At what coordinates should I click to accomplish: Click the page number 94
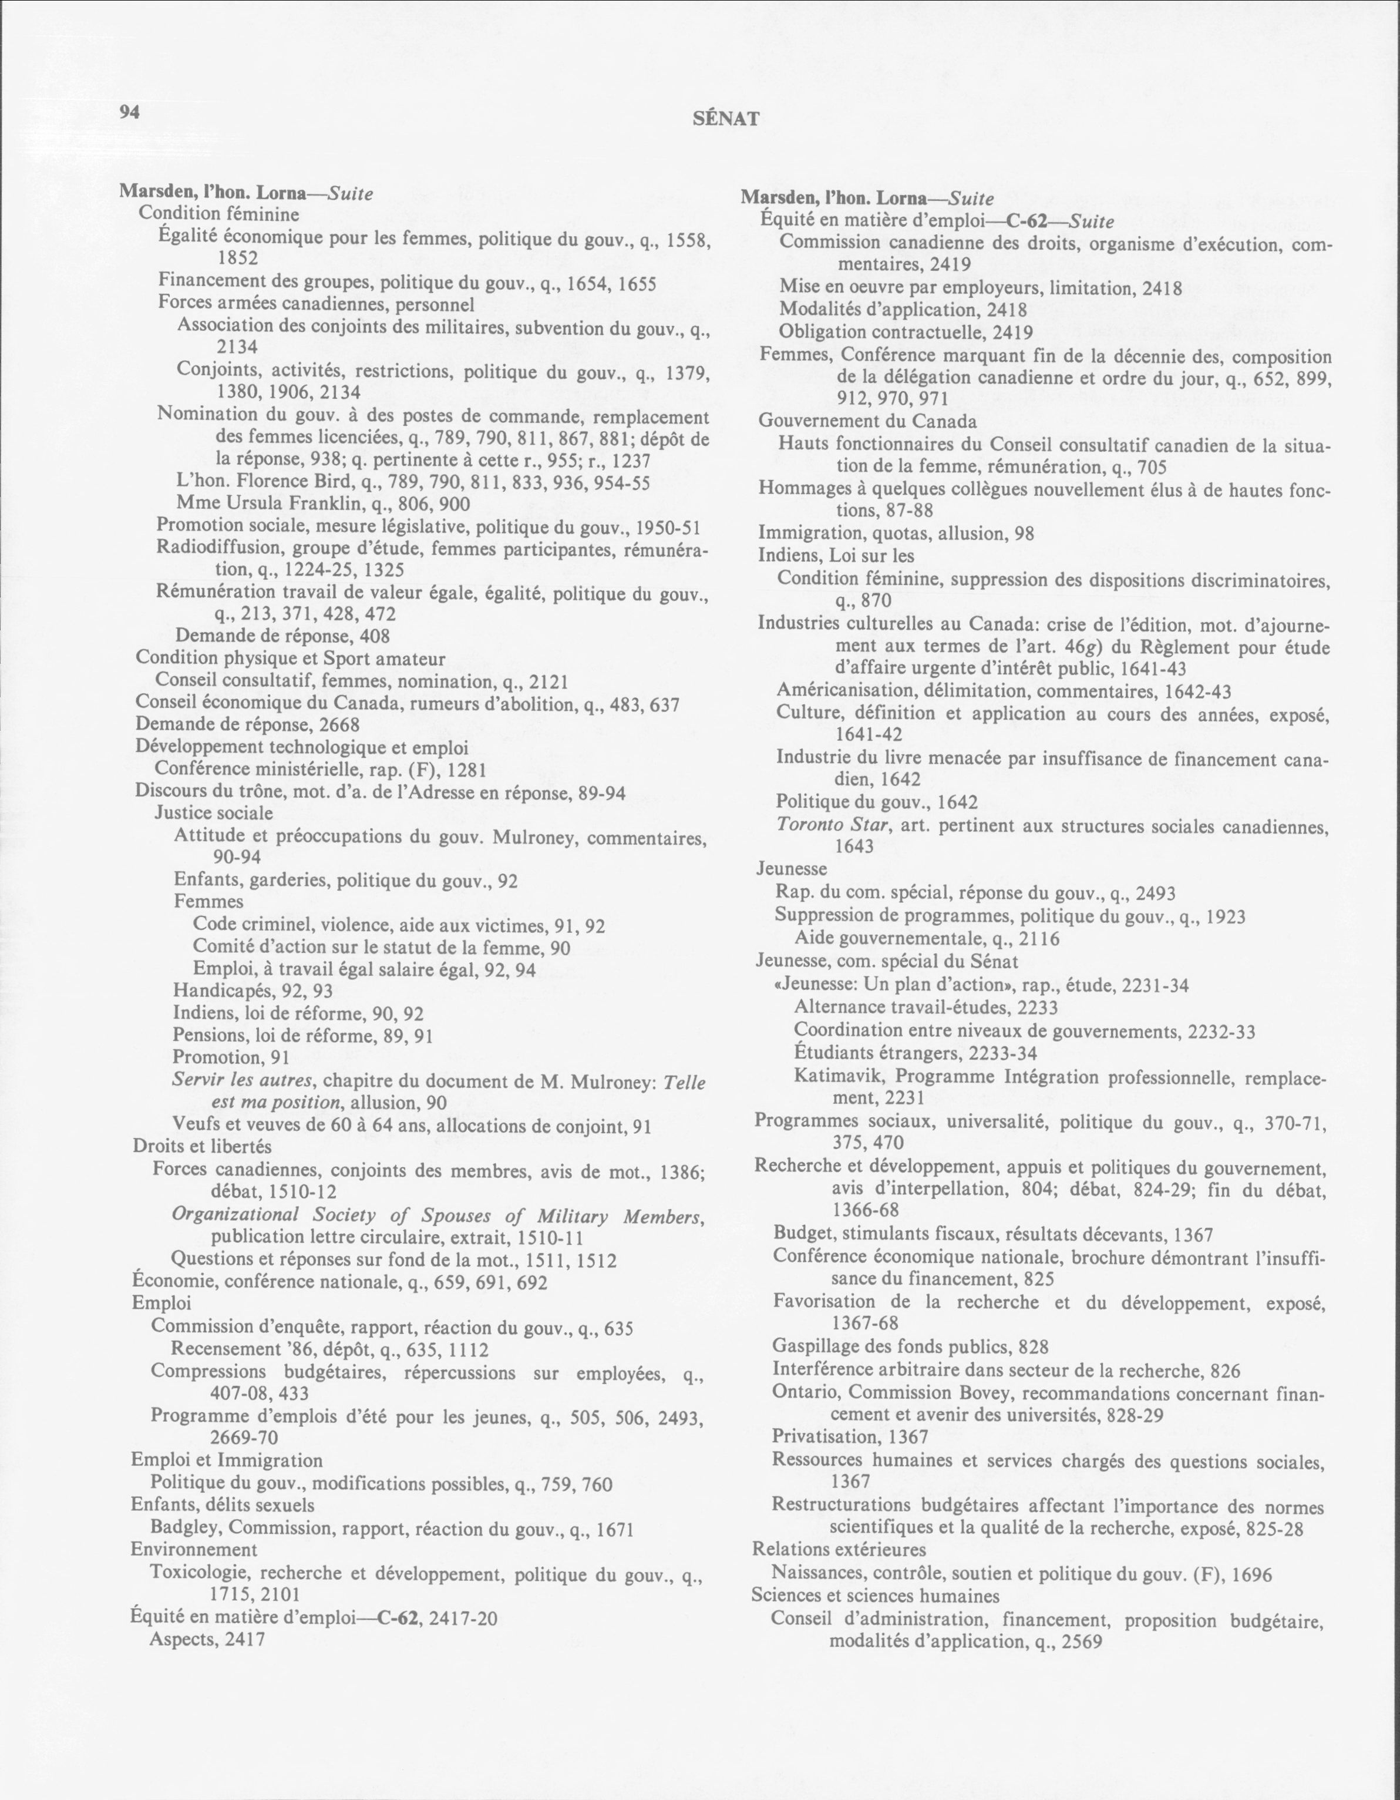(x=130, y=113)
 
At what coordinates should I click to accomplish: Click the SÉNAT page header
(x=725, y=119)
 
